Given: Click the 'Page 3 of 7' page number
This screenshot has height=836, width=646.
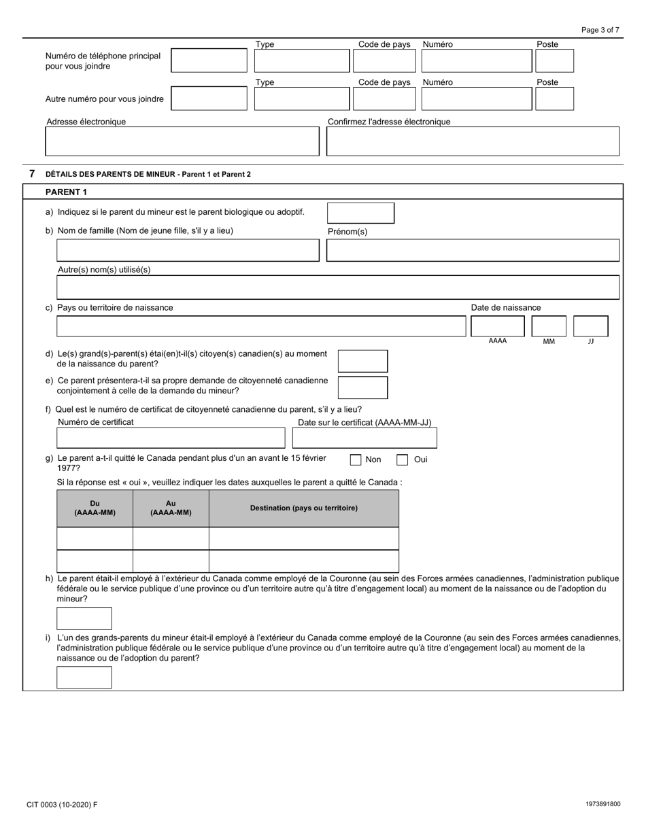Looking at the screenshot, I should pos(600,30).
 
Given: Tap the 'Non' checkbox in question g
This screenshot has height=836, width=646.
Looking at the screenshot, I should pos(356,460).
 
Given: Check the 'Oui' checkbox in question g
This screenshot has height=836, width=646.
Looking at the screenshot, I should pos(403,460).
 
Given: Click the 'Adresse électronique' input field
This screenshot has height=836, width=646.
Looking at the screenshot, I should pos(182,141).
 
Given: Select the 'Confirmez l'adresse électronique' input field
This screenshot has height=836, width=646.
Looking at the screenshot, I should pos(473,141).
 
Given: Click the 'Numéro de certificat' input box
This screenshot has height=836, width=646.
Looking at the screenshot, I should pos(171,438).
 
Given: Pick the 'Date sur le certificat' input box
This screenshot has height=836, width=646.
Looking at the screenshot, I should pos(364,438).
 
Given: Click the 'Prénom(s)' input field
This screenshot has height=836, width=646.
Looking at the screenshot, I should pos(473,250).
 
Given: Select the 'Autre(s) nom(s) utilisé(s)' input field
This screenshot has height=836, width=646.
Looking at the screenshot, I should pos(338,288).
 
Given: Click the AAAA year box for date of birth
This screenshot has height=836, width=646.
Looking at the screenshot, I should pos(497,326).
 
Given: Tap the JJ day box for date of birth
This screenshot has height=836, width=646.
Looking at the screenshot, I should pos(590,326).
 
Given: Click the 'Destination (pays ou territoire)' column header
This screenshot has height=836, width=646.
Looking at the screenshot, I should pos(304,508).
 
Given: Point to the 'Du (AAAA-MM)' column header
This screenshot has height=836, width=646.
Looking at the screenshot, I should pos(95,508).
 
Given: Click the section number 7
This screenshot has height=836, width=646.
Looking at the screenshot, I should pos(32,174).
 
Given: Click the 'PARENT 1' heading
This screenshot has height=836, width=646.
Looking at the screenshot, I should pos(67,192).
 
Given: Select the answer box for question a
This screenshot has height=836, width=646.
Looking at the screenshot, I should pos(360,213).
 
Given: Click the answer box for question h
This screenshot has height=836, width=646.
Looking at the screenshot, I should pos(84,619).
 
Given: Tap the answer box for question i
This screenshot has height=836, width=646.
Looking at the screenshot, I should pos(84,678).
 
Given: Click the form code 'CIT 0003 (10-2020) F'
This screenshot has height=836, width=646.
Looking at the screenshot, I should pos(62,805).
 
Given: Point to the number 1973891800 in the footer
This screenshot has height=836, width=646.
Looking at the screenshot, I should pos(602,805).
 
